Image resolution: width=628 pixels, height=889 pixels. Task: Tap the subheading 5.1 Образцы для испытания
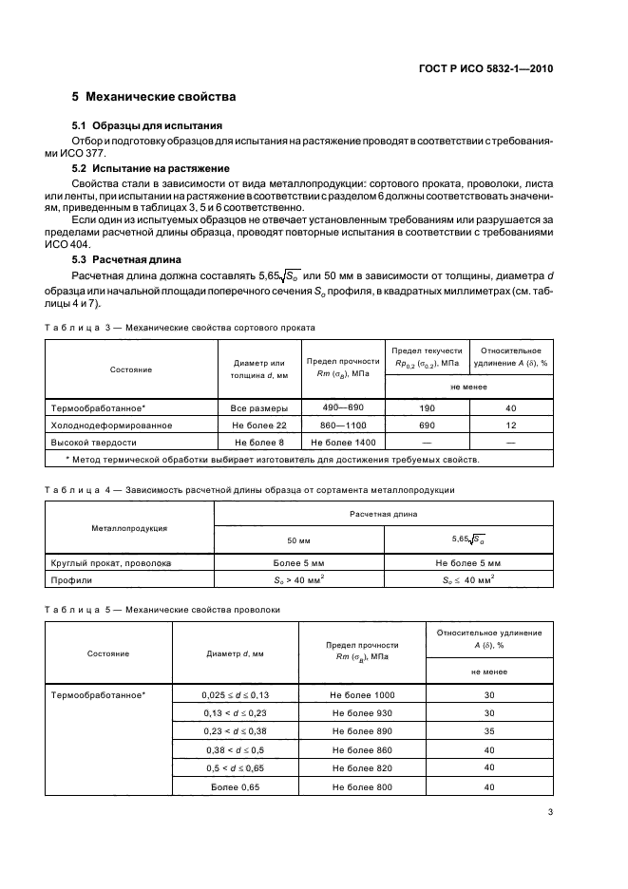[147, 125]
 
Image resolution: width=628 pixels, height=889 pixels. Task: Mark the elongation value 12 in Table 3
[511, 425]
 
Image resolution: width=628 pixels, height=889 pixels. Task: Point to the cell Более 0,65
[236, 786]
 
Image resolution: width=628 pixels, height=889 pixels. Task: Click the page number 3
[550, 812]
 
